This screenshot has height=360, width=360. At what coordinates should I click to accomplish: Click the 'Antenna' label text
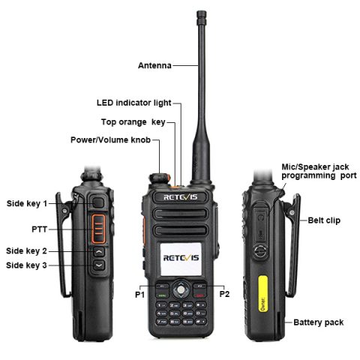click(x=154, y=65)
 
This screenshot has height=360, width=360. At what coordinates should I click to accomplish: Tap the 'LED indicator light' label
click(x=133, y=103)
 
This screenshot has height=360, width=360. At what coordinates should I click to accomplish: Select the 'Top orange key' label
click(x=133, y=121)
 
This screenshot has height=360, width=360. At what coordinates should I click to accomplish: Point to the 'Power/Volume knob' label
click(x=109, y=139)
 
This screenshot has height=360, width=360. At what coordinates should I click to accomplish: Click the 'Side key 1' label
click(x=27, y=203)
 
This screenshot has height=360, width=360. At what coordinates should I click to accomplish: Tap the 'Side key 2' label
click(x=27, y=250)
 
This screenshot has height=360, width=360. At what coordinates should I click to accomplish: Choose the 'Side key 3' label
click(x=27, y=265)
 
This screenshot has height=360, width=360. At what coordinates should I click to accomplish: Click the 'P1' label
click(x=139, y=295)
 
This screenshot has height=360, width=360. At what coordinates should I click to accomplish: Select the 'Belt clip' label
click(x=324, y=220)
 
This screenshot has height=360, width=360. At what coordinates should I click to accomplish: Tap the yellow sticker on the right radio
click(x=262, y=298)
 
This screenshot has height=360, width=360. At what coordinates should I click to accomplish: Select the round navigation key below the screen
click(x=181, y=288)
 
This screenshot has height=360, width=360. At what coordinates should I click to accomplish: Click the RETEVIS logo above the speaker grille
click(x=181, y=197)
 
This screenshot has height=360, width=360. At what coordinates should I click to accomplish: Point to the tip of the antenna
click(x=200, y=13)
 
